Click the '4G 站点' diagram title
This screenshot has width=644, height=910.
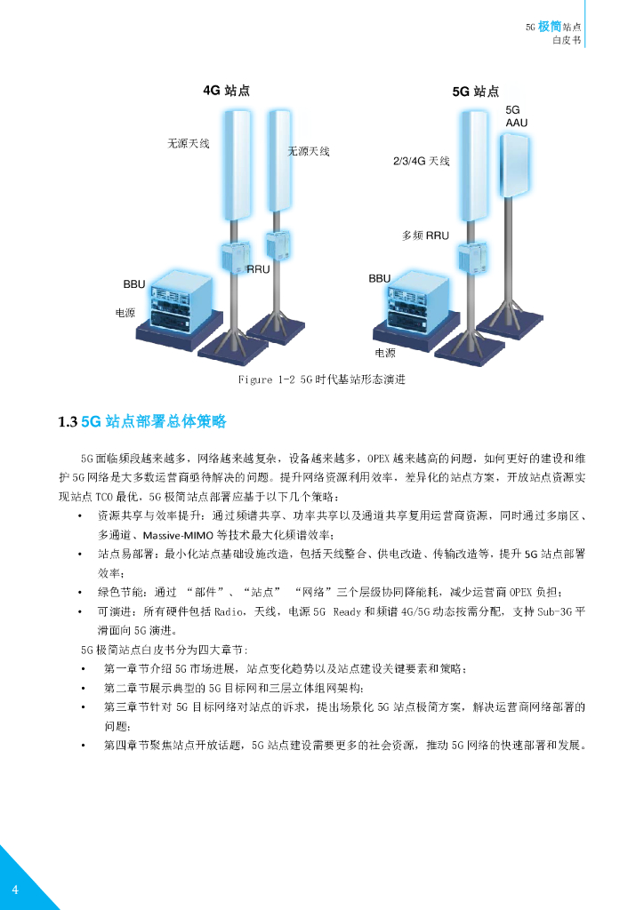pyautogui.click(x=227, y=90)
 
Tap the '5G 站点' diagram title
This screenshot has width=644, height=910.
pyautogui.click(x=476, y=92)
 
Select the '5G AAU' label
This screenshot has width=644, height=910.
pyautogui.click(x=516, y=116)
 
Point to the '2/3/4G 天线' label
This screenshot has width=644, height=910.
pyautogui.click(x=422, y=161)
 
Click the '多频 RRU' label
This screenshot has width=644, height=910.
pyautogui.click(x=426, y=235)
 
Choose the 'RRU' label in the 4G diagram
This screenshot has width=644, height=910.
pyautogui.click(x=259, y=269)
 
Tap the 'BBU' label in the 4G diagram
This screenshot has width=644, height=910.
pyautogui.click(x=134, y=283)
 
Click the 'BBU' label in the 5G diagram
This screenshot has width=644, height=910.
pyautogui.click(x=380, y=278)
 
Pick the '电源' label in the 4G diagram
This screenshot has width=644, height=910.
pyautogui.click(x=125, y=313)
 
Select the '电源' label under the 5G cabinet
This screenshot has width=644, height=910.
pyautogui.click(x=385, y=353)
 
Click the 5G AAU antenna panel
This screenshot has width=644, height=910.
pyautogui.click(x=516, y=166)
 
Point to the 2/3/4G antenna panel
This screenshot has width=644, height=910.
pyautogui.click(x=474, y=166)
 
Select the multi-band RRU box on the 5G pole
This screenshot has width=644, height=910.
pyautogui.click(x=471, y=257)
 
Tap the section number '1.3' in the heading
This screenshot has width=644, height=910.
pyautogui.click(x=68, y=422)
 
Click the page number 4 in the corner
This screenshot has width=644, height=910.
pyautogui.click(x=15, y=890)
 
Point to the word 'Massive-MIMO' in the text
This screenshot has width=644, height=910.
pyautogui.click(x=178, y=535)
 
